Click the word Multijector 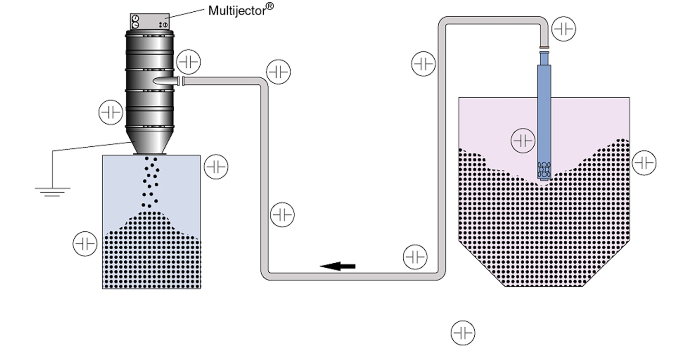pos(237,11)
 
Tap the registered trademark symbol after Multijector pos(270,6)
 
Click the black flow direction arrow pos(337,265)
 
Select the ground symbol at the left pos(52,192)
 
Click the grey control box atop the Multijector pos(150,21)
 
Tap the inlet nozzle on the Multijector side pos(166,81)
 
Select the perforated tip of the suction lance pos(544,170)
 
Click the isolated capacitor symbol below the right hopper pos(463,333)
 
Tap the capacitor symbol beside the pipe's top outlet pos(564,29)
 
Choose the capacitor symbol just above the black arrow pos(415,256)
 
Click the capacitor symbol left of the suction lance pos(523,141)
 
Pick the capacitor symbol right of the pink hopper pos(644,163)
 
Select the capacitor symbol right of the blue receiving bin pos(216,166)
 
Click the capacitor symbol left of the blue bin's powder pos(85,244)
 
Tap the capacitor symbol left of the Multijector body pos(111,112)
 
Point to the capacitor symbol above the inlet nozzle pos(189,62)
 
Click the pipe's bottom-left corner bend pos(266,275)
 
